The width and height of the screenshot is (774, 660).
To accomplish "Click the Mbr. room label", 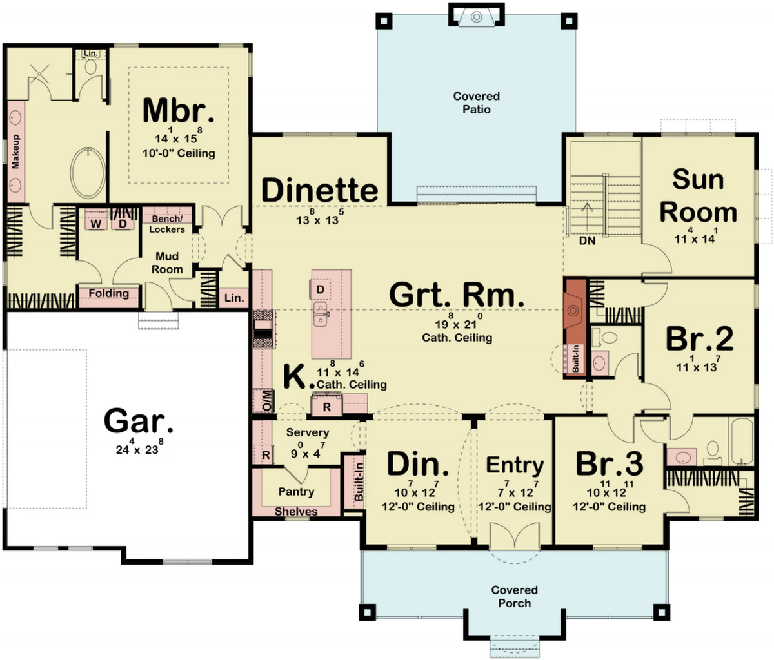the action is click(x=179, y=110).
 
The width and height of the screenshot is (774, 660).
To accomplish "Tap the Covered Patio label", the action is click(x=476, y=102).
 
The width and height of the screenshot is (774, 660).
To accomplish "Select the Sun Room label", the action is click(x=699, y=196).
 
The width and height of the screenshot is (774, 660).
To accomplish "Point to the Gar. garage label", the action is click(x=138, y=421).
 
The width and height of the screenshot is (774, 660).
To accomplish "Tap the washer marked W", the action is click(x=96, y=224).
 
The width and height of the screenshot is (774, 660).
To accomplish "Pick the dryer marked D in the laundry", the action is click(x=123, y=224).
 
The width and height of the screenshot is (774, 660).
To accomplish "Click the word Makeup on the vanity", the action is click(x=15, y=151).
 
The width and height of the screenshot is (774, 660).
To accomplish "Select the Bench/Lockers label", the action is click(x=167, y=224).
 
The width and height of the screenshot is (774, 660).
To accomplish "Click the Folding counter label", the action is click(x=108, y=293).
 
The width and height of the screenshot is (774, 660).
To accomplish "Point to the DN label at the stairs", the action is click(x=587, y=240).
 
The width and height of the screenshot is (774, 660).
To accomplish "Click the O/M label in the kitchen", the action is click(x=268, y=402).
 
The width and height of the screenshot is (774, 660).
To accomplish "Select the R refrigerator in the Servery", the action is click(x=266, y=455).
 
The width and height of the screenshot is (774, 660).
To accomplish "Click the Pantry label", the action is click(x=296, y=491).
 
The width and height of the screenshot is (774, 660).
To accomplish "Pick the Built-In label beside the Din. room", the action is click(x=359, y=481).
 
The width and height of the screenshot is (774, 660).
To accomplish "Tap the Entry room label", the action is click(x=515, y=465).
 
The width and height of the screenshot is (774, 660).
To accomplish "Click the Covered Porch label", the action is click(x=514, y=596).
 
